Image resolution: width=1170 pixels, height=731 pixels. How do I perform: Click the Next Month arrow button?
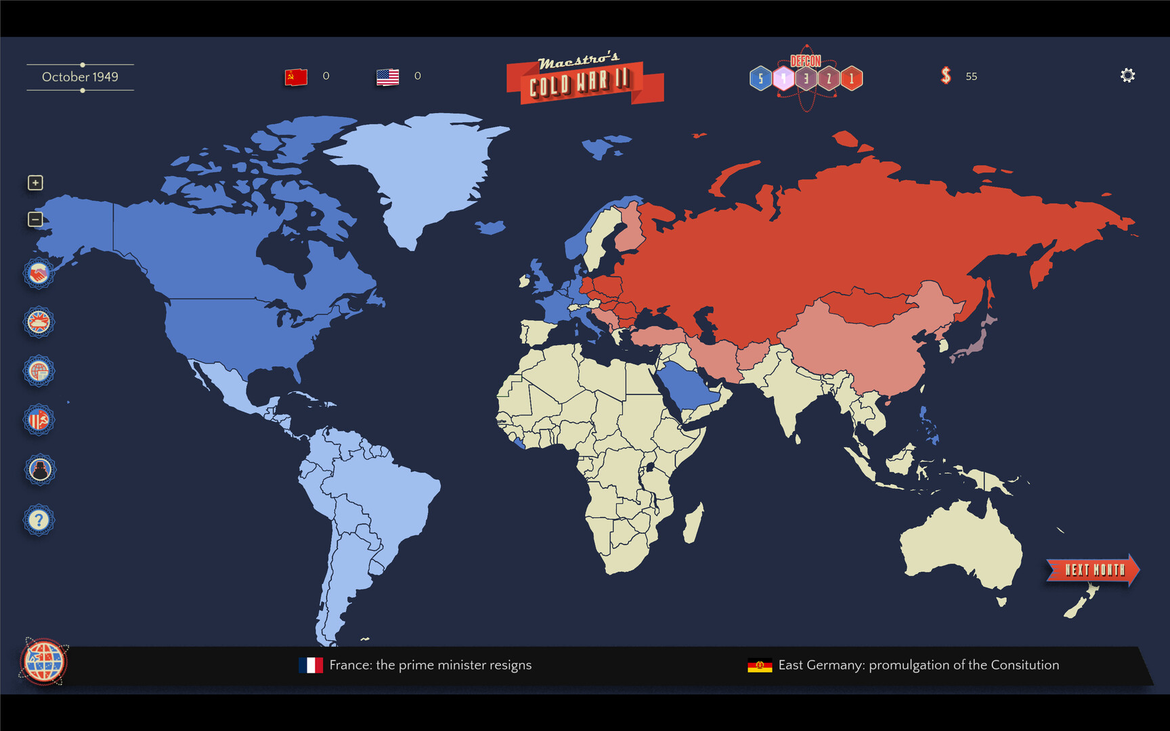click(1091, 570)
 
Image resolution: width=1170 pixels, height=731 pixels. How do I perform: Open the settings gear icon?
click(1127, 76)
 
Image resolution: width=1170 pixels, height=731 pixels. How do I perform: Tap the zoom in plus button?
click(35, 183)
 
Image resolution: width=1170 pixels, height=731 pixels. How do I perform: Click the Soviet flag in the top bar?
click(296, 76)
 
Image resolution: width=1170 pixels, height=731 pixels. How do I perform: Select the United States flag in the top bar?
click(387, 76)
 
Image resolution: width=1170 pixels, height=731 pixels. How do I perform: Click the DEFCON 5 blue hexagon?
click(760, 79)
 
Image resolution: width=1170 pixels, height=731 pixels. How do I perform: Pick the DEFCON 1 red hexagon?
click(852, 79)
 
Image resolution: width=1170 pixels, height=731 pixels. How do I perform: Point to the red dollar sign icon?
click(946, 76)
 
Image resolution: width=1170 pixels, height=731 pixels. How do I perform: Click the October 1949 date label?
click(80, 77)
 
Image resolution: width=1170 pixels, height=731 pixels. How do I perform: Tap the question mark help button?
click(39, 520)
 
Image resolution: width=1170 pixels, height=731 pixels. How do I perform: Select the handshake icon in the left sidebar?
click(39, 273)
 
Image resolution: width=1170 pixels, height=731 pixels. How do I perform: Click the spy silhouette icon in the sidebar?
click(39, 469)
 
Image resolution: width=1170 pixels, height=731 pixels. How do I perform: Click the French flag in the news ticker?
click(311, 665)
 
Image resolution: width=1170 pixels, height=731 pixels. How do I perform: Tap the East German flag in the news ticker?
click(760, 665)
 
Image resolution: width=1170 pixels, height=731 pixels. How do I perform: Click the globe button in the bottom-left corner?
click(43, 662)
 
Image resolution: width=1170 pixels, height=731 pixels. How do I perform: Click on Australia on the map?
click(961, 548)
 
